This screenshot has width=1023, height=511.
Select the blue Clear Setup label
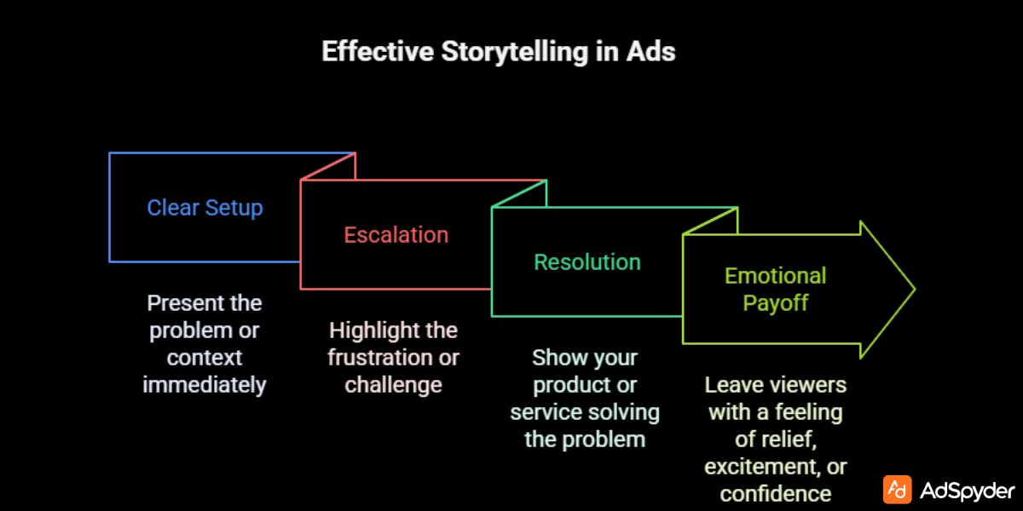[205, 208]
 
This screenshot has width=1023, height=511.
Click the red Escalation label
[396, 234]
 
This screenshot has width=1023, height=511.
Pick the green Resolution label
[587, 261]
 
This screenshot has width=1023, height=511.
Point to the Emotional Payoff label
[775, 289]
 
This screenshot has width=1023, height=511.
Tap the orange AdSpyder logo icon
[897, 490]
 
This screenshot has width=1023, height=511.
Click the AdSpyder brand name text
[967, 491]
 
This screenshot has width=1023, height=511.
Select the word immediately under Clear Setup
[205, 385]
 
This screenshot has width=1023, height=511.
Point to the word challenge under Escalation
[393, 385]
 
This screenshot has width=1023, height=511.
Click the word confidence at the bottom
[775, 493]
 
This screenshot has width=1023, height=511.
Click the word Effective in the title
[377, 51]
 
